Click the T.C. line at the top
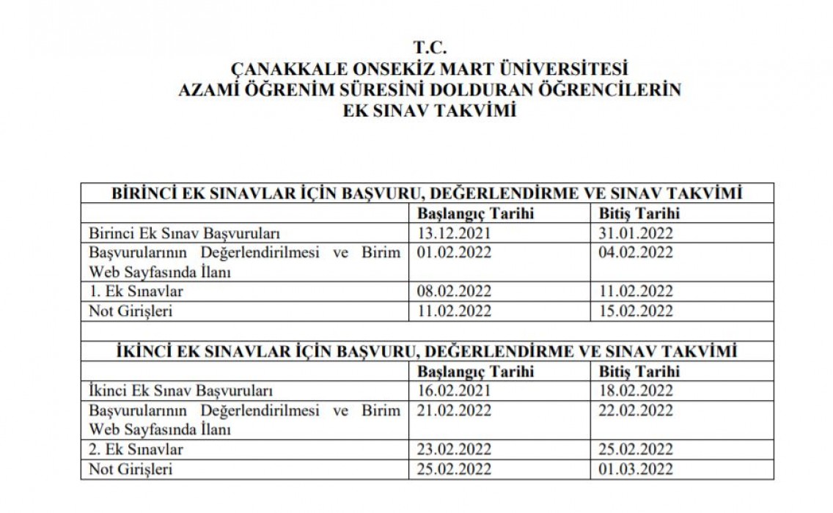pyautogui.click(x=430, y=48)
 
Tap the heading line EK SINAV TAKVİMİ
pyautogui.click(x=430, y=111)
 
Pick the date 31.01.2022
pyautogui.click(x=636, y=234)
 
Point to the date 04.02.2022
pyautogui.click(x=636, y=253)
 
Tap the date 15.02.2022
pyautogui.click(x=636, y=311)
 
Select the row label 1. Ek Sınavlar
pyautogui.click(x=136, y=292)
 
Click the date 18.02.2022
pyautogui.click(x=636, y=391)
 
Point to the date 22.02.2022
pyautogui.click(x=636, y=410)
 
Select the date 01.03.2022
pyautogui.click(x=636, y=468)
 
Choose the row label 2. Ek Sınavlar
pyautogui.click(x=136, y=449)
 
